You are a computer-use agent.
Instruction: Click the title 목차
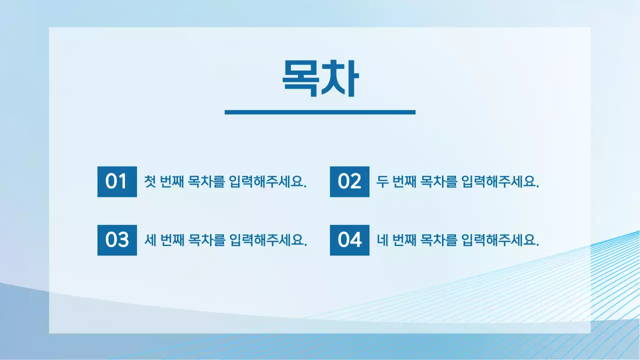coord(320,78)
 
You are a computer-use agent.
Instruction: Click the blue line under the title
coord(320,112)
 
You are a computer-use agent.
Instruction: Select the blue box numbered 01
coord(117,181)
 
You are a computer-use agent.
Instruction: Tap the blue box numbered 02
coord(349,181)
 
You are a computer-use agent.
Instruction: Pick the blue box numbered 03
coord(117,240)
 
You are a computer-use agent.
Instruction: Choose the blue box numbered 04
coord(349,240)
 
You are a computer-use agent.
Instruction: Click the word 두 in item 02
coord(382,181)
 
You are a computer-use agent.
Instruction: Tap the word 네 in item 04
coord(382,240)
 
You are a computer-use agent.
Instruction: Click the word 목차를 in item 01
coord(206,181)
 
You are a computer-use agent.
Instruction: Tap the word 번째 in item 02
coord(404,181)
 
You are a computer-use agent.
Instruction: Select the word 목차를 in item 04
coord(439,240)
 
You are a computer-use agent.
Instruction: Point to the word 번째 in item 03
coord(171,240)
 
